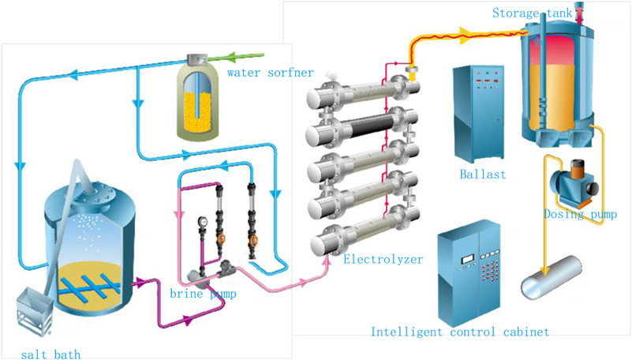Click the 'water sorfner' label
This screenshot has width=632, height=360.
tap(270, 73)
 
